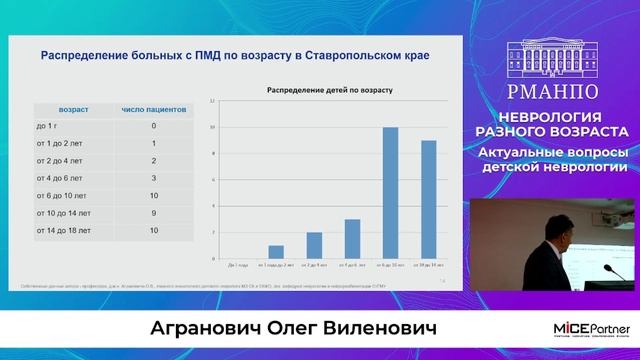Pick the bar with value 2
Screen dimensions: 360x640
coord(314,245)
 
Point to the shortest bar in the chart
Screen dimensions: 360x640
coord(277,251)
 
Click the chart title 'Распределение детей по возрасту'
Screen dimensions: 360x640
coord(328,91)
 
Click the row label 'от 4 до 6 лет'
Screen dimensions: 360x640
coord(60,178)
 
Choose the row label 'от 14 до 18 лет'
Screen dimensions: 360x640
coord(64,231)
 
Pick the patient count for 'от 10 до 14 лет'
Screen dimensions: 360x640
coord(153,213)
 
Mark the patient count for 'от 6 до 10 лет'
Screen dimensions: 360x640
coord(153,196)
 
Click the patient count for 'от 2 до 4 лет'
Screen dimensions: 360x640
coord(153,161)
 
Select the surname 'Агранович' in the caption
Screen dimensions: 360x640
coord(197,331)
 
